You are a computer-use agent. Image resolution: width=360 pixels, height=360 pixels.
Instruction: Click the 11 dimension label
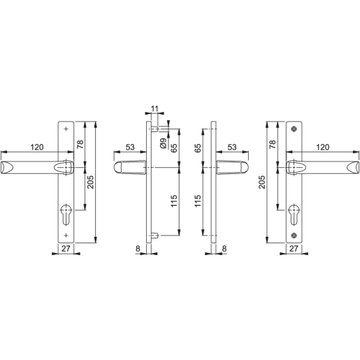pos(154,110)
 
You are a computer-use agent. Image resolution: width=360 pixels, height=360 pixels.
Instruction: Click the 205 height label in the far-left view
pos(91,183)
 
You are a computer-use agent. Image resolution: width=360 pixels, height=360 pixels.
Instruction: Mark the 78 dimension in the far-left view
pos(80,145)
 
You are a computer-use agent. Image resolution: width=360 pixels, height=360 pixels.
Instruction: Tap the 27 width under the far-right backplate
pos(294,249)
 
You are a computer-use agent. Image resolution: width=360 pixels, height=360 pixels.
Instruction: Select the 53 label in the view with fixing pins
pos(130,147)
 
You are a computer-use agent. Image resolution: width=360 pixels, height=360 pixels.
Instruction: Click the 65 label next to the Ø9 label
pos(174,149)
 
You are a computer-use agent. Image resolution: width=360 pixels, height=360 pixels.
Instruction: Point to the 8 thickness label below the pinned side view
pos(138,249)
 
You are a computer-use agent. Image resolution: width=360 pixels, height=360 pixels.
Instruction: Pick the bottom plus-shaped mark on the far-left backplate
pos(65,235)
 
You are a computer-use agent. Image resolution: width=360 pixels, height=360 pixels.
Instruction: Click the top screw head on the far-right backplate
pos(294,129)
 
